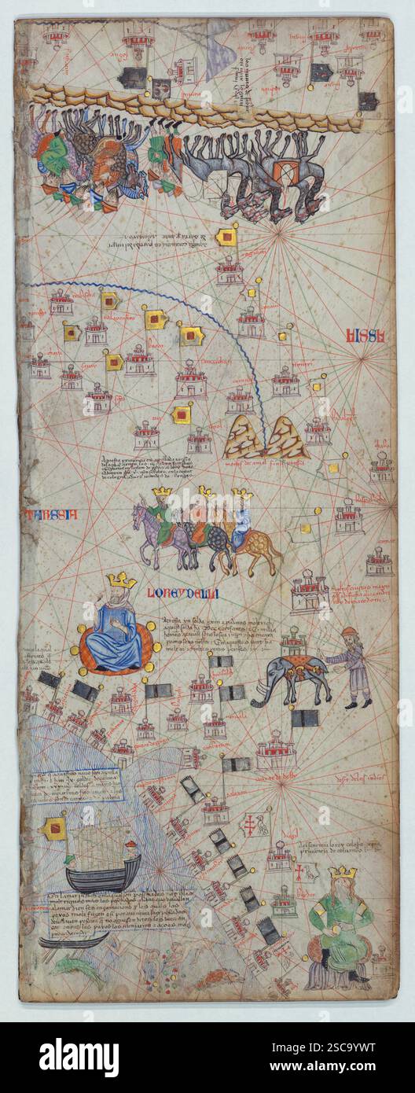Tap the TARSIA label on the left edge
(x=51, y=515)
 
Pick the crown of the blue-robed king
(x=121, y=580)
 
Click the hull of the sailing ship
(x=102, y=873)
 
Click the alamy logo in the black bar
(x=79, y=1058)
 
